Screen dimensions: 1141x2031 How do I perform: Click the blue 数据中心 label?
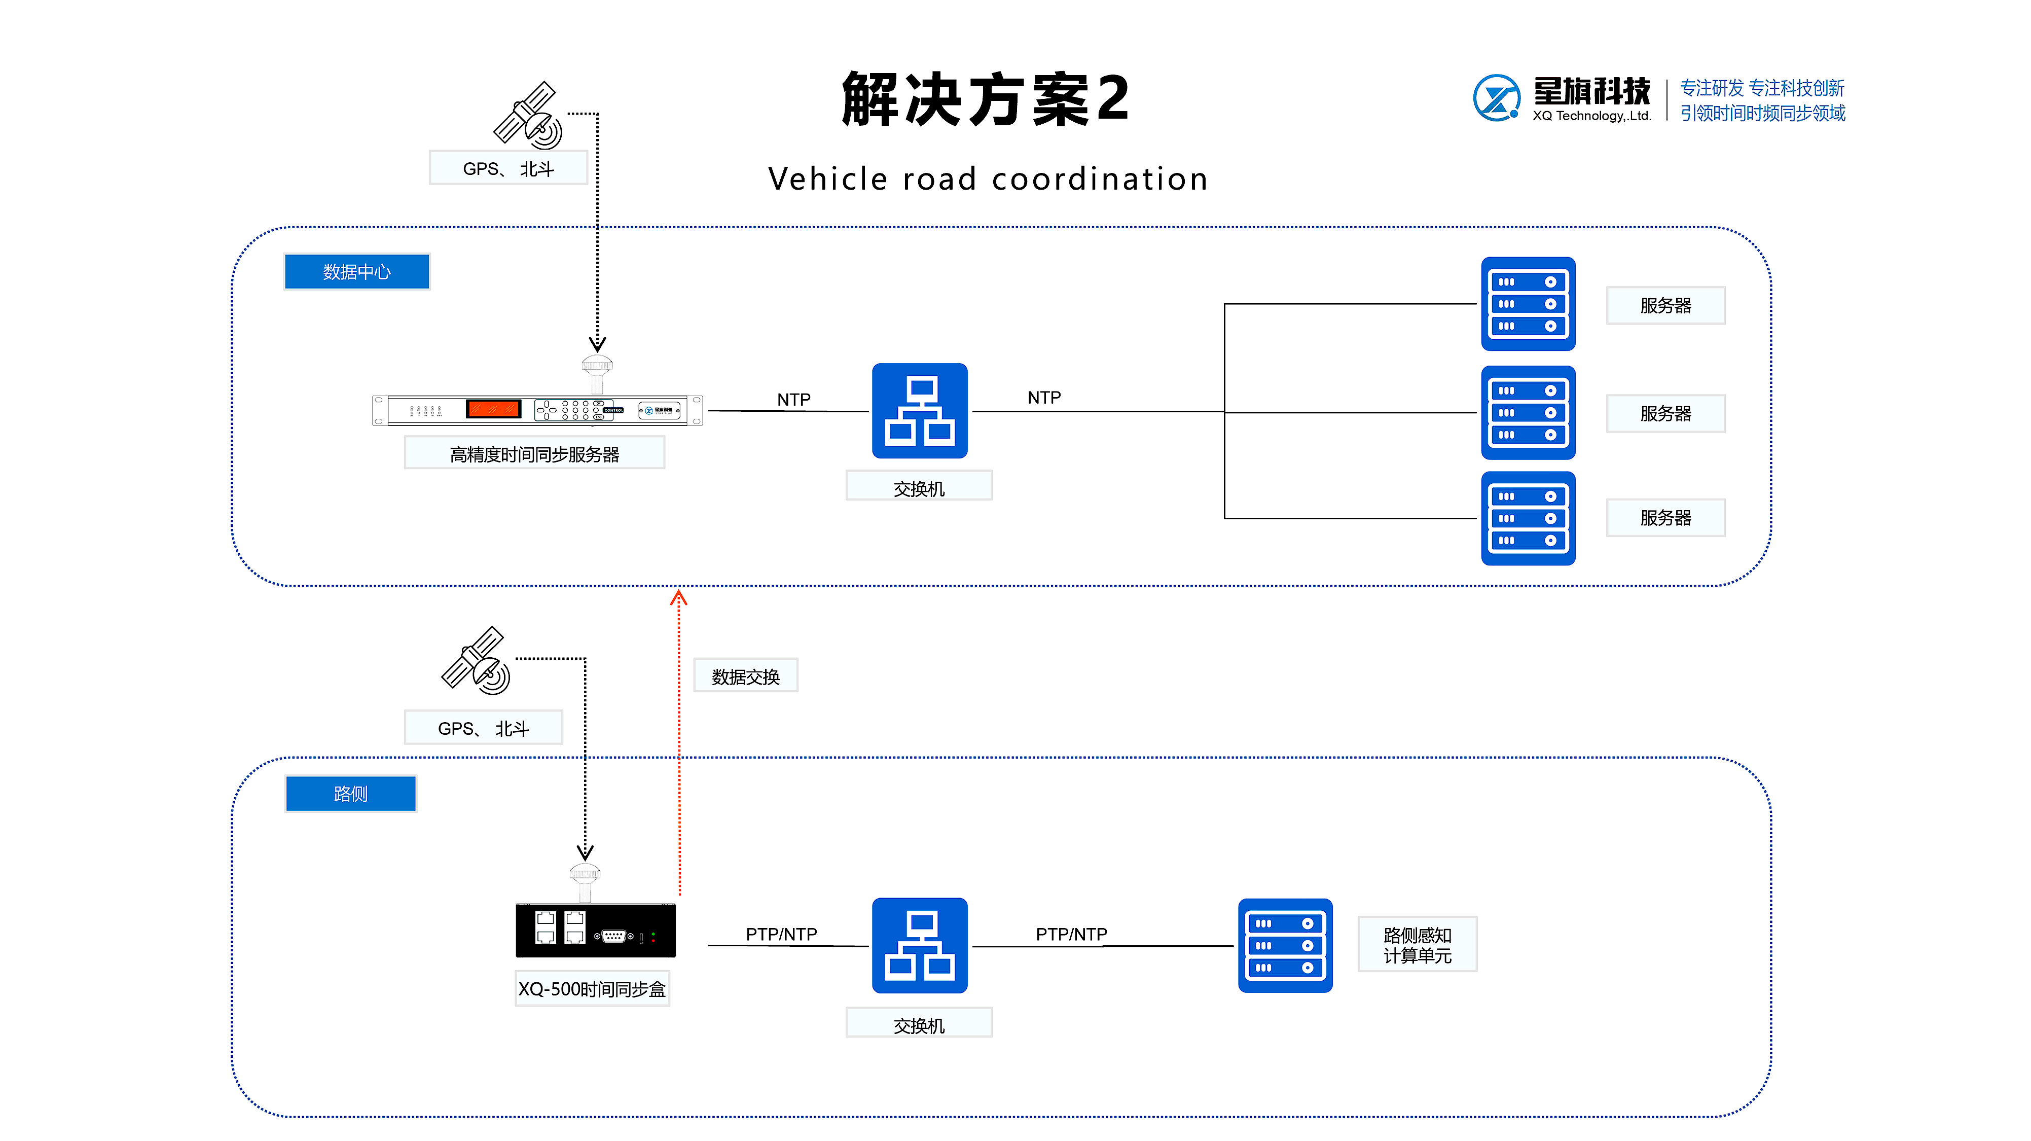(356, 271)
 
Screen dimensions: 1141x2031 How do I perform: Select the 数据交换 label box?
(745, 676)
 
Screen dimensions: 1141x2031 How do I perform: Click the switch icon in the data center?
(919, 411)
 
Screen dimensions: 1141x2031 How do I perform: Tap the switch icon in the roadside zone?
(919, 945)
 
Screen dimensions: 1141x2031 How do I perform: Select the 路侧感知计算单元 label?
(1417, 945)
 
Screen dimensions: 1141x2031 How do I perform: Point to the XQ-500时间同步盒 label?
(591, 989)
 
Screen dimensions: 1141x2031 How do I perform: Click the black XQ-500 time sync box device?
(595, 931)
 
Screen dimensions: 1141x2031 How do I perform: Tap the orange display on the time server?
(494, 408)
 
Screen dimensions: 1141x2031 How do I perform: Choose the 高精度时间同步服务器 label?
(534, 454)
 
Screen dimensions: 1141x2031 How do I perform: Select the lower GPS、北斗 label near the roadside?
(483, 728)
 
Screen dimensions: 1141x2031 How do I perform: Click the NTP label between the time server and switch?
(793, 400)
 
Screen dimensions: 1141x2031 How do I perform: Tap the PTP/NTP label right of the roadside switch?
(1071, 935)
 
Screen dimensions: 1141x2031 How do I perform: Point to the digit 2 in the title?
(1112, 98)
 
